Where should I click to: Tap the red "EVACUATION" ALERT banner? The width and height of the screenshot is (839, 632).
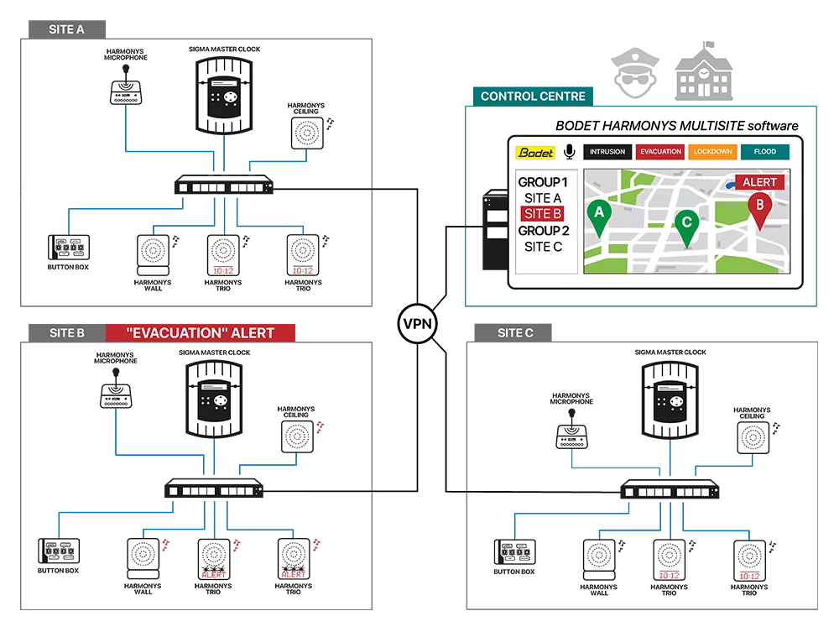(201, 332)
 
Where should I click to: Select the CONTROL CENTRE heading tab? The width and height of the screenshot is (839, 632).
(533, 96)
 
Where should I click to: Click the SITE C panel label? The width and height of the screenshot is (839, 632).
(515, 332)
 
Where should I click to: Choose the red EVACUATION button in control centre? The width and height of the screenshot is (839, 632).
(659, 152)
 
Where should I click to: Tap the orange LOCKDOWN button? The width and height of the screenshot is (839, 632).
(713, 152)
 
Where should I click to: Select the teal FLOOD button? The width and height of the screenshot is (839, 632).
(764, 152)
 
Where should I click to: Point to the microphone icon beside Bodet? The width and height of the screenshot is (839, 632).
(569, 152)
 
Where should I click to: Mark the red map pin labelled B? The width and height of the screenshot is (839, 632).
(760, 209)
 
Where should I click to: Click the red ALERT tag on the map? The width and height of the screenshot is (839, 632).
(759, 182)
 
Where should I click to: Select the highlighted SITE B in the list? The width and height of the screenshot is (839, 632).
(543, 214)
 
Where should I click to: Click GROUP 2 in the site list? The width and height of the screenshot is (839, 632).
(543, 230)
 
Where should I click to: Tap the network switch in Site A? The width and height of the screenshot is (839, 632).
(226, 186)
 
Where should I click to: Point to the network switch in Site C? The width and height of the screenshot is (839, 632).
(670, 492)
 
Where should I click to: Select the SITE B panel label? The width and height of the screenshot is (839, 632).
(67, 332)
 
